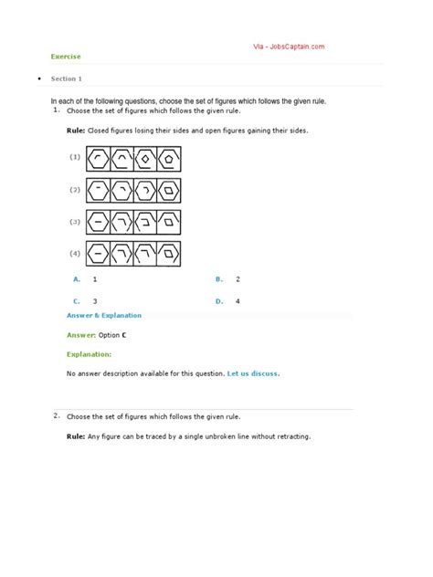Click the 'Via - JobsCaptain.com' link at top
pyautogui.click(x=288, y=47)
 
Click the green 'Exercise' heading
pyautogui.click(x=66, y=57)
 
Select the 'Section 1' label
pyautogui.click(x=67, y=79)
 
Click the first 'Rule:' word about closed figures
pyautogui.click(x=77, y=131)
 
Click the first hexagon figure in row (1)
pyautogui.click(x=99, y=158)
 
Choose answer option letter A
pyautogui.click(x=77, y=278)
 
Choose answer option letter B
pyautogui.click(x=218, y=278)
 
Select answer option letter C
pyautogui.click(x=77, y=300)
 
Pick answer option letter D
pyautogui.click(x=218, y=300)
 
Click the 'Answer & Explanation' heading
pyautogui.click(x=104, y=316)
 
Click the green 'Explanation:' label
pyautogui.click(x=90, y=353)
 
